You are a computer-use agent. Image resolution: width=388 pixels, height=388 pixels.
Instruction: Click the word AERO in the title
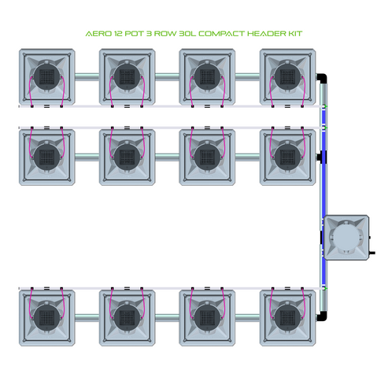(96, 35)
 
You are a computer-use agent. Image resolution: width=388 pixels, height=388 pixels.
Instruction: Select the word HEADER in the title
(273, 35)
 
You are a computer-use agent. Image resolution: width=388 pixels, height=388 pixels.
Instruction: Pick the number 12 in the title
(116, 35)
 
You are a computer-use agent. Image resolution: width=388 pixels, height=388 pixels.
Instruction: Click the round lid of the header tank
(345, 238)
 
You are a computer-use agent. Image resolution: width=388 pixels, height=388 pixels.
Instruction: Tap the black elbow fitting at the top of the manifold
(321, 79)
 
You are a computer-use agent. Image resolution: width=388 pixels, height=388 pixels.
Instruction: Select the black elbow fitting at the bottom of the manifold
(321, 315)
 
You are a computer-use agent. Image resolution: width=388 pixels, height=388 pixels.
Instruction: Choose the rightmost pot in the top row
(287, 77)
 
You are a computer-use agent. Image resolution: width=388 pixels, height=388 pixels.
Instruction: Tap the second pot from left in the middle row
(127, 156)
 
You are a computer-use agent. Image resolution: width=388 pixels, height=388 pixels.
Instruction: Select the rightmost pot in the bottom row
(287, 315)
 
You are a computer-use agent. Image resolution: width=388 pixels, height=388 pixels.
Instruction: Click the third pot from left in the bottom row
(207, 315)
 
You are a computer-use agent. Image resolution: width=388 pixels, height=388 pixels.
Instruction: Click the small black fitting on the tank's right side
(371, 253)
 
